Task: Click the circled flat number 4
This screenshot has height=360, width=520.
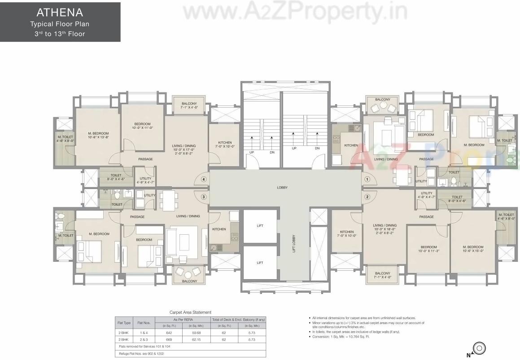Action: click(204, 180)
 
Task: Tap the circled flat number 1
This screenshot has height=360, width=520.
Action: click(367, 179)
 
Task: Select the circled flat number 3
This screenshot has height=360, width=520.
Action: click(204, 197)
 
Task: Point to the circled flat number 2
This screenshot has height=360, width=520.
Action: click(367, 197)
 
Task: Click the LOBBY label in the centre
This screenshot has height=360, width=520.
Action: click(282, 188)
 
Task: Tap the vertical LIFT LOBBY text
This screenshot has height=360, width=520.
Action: click(294, 244)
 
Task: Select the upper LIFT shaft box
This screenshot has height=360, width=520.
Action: click(260, 226)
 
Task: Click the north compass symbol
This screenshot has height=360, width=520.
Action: click(480, 348)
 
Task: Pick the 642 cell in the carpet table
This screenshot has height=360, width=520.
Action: click(169, 333)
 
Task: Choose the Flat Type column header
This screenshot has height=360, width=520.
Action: click(124, 323)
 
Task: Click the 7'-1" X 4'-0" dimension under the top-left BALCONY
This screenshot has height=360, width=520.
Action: click(189, 108)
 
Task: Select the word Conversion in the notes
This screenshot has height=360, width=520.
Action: click(322, 336)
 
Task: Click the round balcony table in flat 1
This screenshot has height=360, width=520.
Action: click(383, 106)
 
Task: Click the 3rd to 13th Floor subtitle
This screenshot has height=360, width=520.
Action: click(60, 34)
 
